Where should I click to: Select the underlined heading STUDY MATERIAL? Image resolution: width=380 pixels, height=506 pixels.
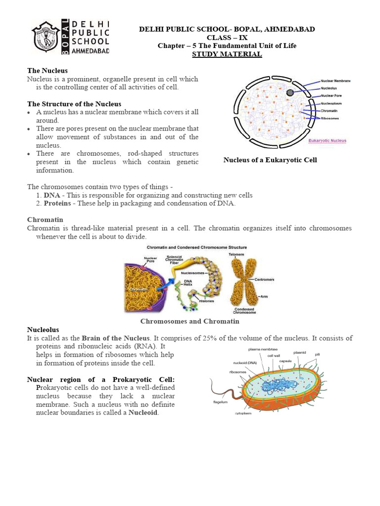pos(227,54)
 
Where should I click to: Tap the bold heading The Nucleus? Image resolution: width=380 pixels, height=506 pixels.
pos(47,71)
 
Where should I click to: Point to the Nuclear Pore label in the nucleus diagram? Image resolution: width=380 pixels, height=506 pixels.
pos(331,95)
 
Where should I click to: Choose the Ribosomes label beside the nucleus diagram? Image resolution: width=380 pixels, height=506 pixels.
pos(331,119)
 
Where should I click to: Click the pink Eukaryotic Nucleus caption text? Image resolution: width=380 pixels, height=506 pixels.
pos(327,141)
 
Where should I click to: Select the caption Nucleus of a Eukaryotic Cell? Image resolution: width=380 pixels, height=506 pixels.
pos(270,160)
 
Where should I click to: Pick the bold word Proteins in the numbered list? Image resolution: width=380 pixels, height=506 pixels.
pos(56,203)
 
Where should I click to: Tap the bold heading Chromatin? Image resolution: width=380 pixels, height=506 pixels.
pos(45,219)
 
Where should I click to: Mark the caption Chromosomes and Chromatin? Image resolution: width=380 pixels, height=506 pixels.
pos(190,321)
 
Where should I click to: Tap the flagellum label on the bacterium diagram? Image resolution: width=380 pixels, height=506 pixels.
pos(220,402)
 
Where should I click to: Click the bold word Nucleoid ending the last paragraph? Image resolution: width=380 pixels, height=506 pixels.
pos(143,413)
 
